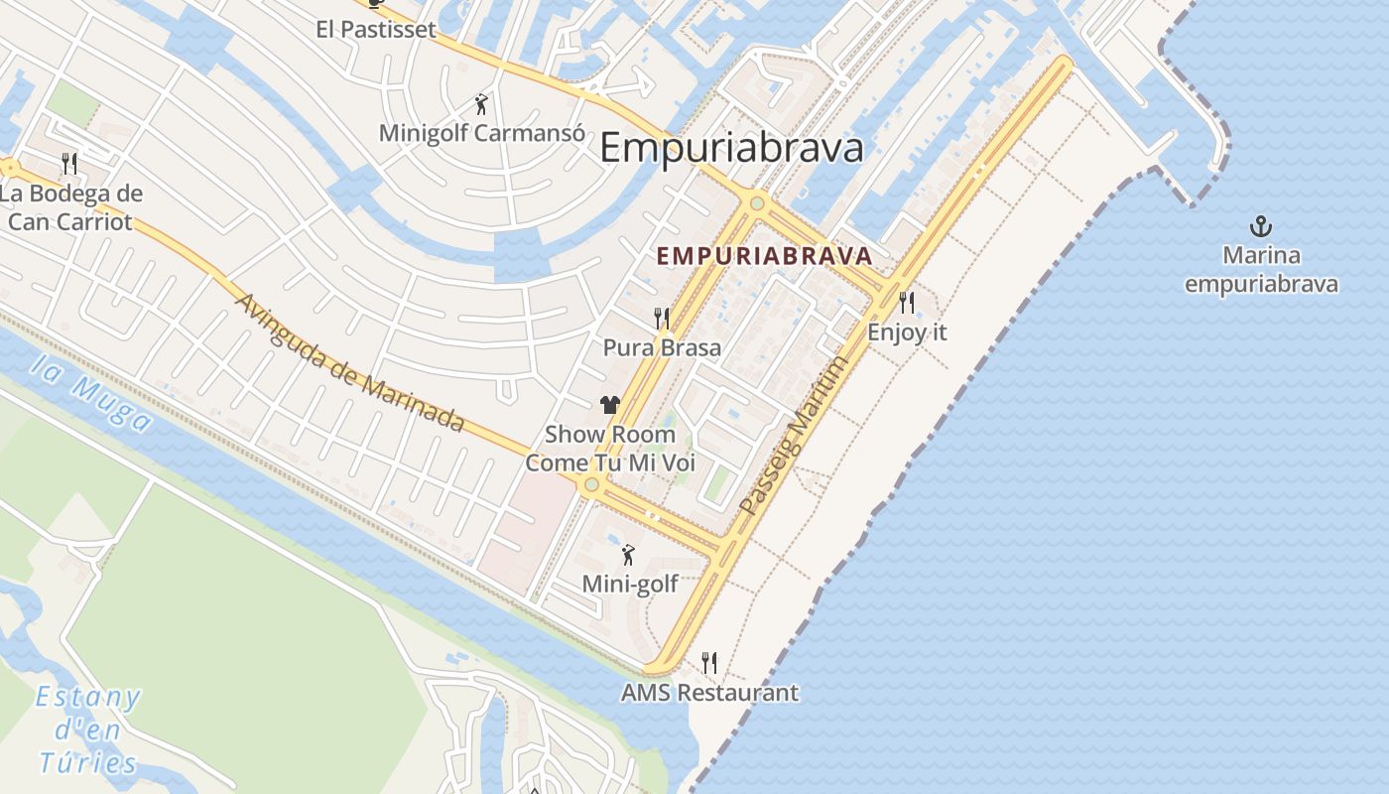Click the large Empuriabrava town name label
coord(731,148)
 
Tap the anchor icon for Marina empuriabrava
coord(1261,226)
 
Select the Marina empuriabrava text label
coord(1261,270)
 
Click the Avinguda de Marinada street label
coord(350,362)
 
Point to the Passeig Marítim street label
coord(796,435)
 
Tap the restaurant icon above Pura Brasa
coord(662,319)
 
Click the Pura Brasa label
coord(662,348)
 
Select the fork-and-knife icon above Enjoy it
coord(907,302)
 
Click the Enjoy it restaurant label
coord(907,332)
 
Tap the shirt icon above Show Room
coord(609,404)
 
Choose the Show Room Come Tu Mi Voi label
coord(609,449)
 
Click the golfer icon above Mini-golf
coord(628,555)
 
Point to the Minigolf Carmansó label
coord(479,133)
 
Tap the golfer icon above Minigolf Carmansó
coord(481,103)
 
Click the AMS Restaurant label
coord(709,693)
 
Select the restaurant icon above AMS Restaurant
coord(709,662)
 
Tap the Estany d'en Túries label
coord(88,729)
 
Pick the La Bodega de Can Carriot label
coord(70,207)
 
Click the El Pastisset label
coord(376,29)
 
